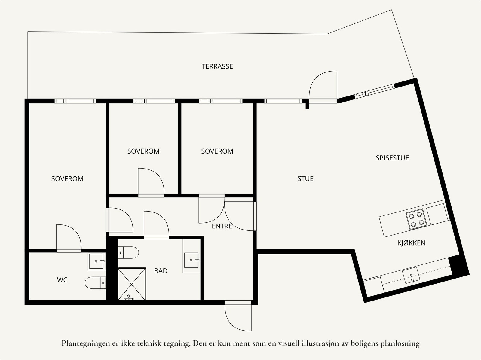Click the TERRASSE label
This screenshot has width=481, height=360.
point(217,66)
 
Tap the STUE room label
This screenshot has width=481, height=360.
point(305,179)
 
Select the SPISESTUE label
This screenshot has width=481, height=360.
point(392,158)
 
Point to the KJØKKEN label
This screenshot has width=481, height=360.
point(411,243)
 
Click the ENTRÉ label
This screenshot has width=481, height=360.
point(222,226)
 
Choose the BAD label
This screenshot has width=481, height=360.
point(161,271)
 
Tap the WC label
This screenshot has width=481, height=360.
point(62,280)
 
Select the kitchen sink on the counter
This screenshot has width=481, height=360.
point(411,275)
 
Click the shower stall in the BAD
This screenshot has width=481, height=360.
point(132,284)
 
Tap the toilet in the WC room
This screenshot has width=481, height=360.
point(95,283)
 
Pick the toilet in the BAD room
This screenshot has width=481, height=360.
point(128,252)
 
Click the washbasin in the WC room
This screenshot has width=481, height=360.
point(97,261)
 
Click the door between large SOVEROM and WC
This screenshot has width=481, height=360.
point(69,238)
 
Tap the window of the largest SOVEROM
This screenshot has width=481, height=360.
point(75,101)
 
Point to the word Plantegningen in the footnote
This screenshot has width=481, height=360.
point(86,343)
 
